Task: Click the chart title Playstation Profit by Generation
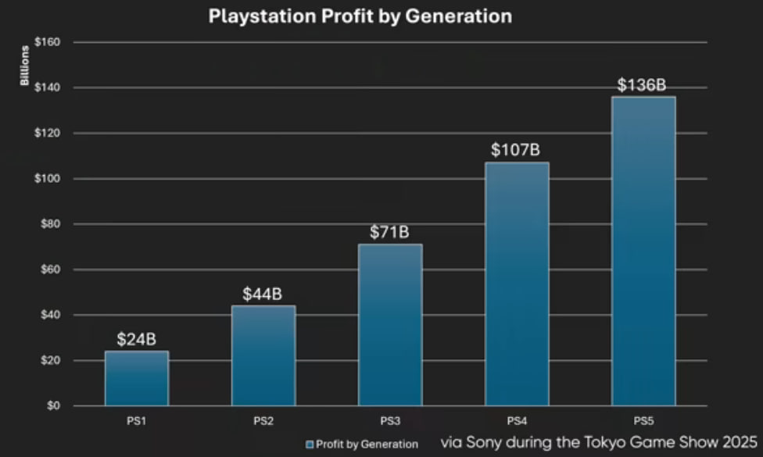point(360,16)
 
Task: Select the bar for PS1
point(137,379)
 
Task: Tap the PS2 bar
point(263,355)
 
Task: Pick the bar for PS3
point(390,325)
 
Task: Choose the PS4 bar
point(517,284)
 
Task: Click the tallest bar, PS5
point(643,251)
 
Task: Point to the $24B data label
point(137,340)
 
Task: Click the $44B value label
point(263,295)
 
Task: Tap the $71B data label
point(390,233)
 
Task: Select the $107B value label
point(517,150)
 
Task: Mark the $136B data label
point(643,84)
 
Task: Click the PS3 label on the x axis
point(390,421)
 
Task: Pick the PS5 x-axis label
point(643,421)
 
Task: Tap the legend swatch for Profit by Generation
point(310,445)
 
